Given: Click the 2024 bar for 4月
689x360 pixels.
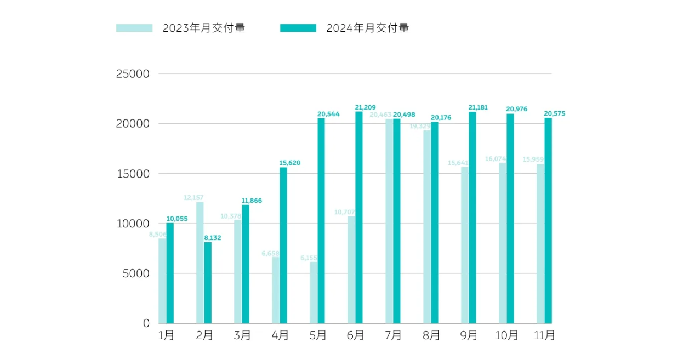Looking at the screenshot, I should tap(283, 245).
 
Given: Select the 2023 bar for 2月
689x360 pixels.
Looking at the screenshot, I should tap(200, 262).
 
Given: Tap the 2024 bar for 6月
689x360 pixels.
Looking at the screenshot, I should tap(359, 218).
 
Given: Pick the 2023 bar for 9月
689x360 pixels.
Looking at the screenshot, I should tap(465, 245).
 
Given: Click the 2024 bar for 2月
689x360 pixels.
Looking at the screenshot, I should tap(208, 283).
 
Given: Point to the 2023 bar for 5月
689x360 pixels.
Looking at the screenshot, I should tap(314, 293).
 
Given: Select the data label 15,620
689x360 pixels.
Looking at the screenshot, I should tap(290, 163).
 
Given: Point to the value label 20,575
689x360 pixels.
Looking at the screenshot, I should tap(554, 113).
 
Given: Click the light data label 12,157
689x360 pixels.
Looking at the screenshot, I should tap(193, 197).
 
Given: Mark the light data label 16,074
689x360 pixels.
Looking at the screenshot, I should tap(496, 159).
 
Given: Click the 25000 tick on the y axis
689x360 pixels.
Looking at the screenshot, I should tap(133, 74).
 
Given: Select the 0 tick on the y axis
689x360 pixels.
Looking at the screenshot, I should tap(146, 323).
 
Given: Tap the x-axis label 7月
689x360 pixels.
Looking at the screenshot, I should tap(393, 335).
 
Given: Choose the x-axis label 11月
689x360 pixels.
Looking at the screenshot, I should tap(544, 335).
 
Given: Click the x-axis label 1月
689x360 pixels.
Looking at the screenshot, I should tap(166, 335).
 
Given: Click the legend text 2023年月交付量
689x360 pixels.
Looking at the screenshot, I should tap(204, 28).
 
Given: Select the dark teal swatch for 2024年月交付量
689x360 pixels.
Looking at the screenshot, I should tap(298, 28).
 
